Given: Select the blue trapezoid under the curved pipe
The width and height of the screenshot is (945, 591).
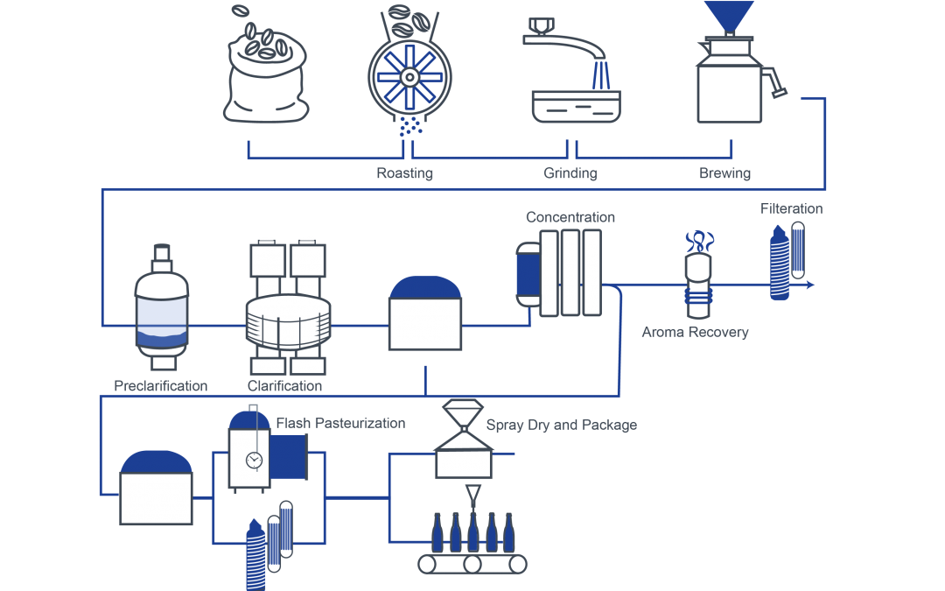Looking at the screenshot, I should [x=613, y=76].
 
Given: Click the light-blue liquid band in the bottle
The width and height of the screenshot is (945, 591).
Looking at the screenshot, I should [x=161, y=312].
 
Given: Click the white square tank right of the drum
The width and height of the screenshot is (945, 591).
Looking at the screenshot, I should [x=424, y=323].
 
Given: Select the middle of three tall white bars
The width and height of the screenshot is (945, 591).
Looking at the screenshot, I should [x=570, y=272].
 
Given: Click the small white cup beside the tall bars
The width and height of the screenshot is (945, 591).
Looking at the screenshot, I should [x=528, y=299].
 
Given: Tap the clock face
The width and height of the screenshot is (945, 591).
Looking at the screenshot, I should [x=254, y=460].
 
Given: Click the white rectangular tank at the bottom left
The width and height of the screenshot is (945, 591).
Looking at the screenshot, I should [x=156, y=498].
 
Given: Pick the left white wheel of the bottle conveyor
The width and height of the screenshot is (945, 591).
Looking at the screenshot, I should [x=428, y=564].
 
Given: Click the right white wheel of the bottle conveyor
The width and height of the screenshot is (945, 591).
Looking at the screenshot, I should [x=518, y=564].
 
